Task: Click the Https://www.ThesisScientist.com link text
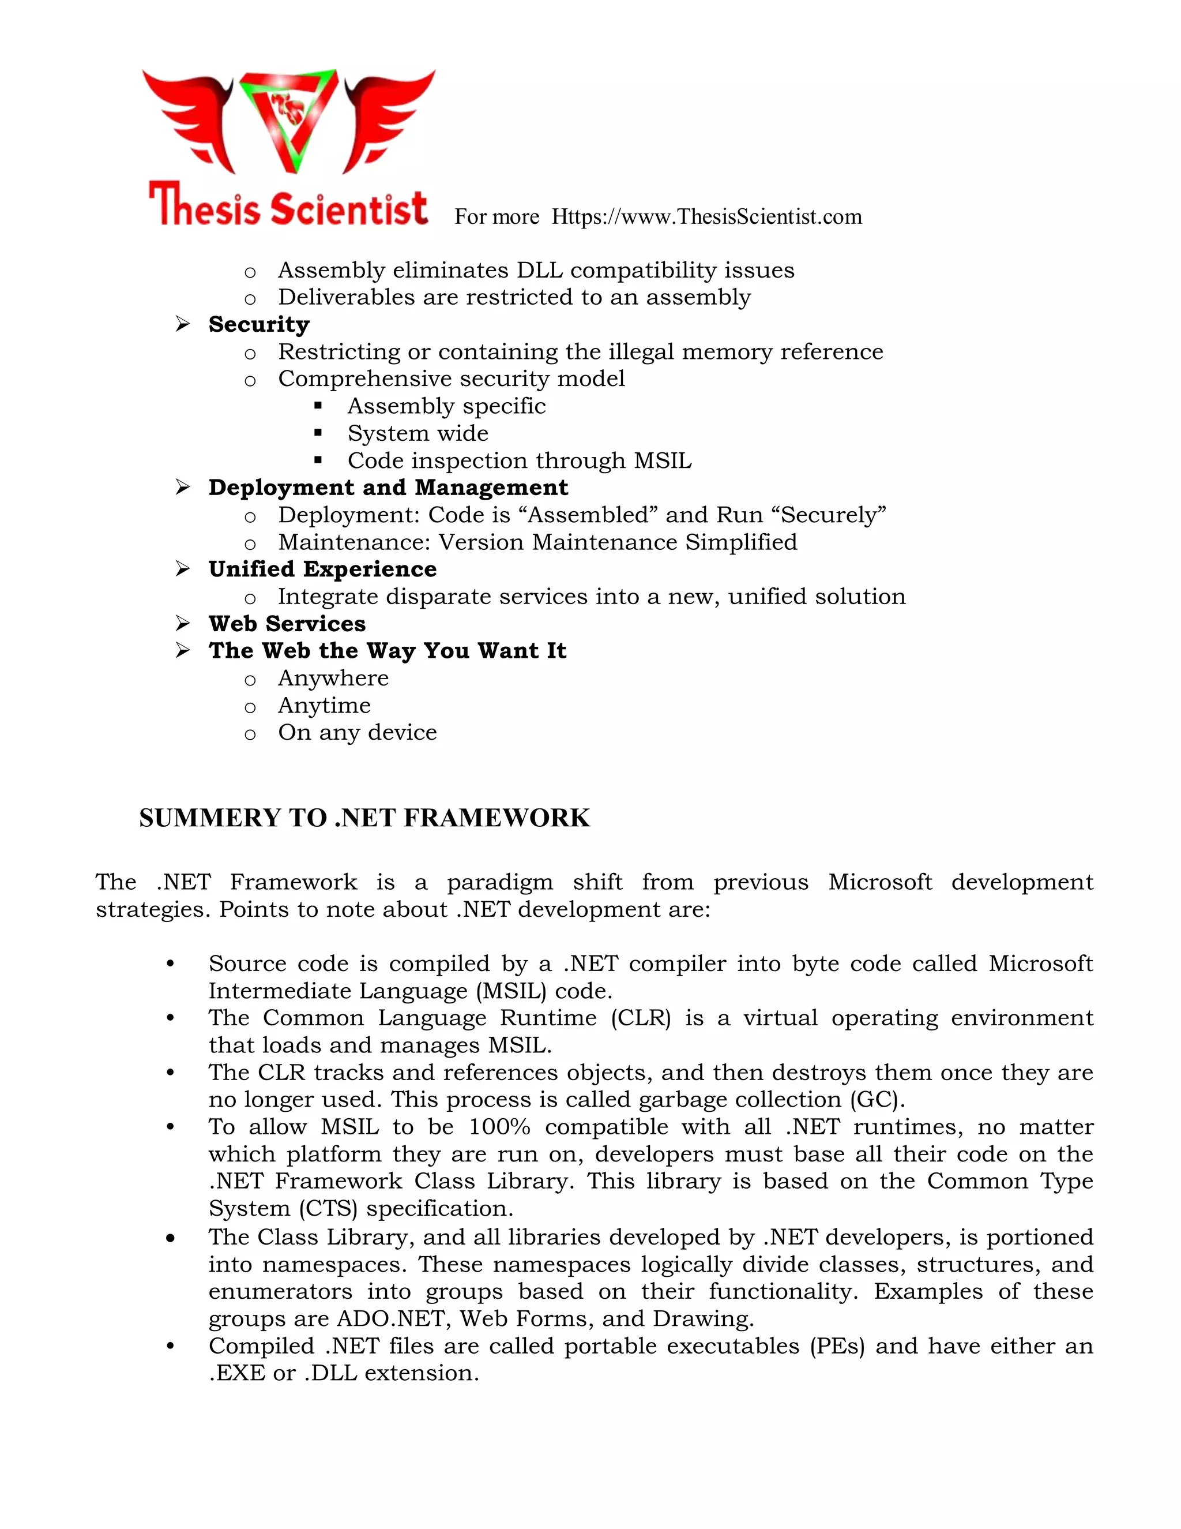706,217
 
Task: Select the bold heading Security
259,324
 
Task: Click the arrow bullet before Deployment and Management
183,488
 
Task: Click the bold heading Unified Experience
322,569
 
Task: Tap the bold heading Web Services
287,624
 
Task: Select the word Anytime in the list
324,706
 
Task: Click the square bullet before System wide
318,433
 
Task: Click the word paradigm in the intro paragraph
499,882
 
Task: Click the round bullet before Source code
170,964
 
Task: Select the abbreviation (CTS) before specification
329,1209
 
